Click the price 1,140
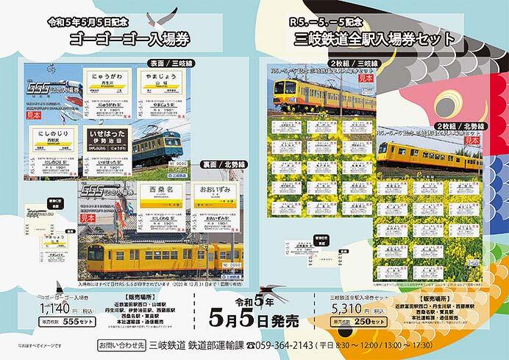(43, 309)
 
